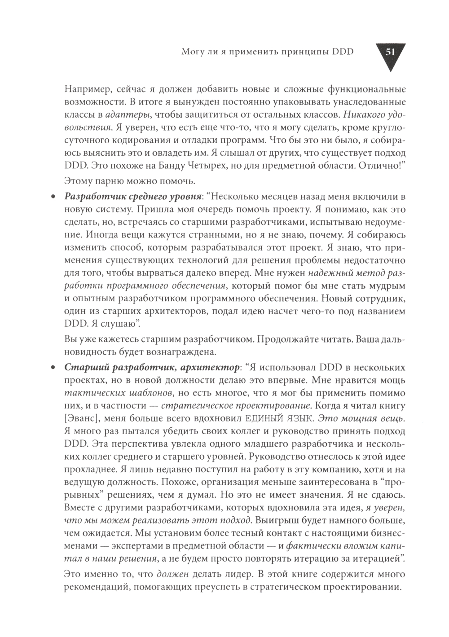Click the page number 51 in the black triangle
(389, 53)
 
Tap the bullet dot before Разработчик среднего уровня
(53, 198)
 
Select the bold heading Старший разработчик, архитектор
(152, 368)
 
